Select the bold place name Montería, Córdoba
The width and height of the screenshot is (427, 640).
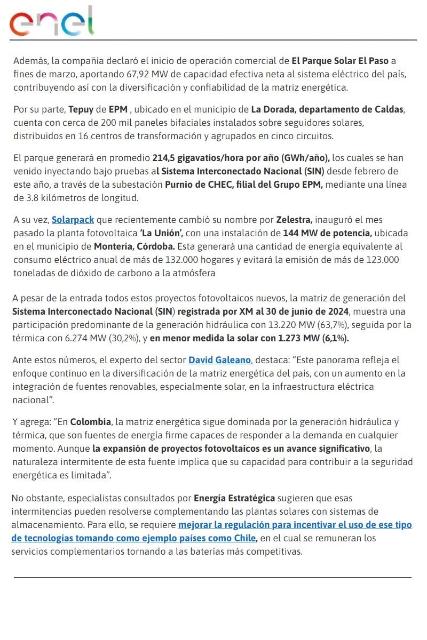click(134, 246)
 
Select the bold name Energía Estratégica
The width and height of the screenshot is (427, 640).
click(234, 498)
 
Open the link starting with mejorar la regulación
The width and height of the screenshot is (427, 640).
click(295, 525)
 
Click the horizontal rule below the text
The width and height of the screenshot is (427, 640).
click(212, 577)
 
